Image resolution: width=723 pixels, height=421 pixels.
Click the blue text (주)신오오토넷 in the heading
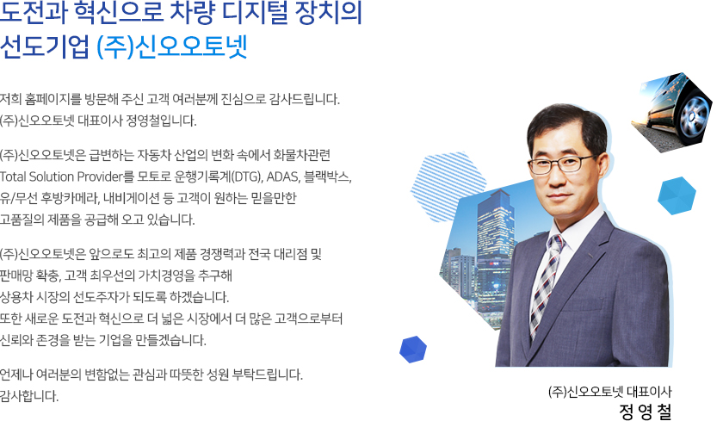[x=172, y=46]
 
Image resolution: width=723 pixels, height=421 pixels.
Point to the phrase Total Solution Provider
[x=61, y=176]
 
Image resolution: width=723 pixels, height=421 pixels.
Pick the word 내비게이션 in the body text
[x=132, y=198]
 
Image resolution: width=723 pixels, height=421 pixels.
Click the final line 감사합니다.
[x=29, y=396]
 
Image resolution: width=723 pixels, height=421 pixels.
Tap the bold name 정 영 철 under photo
[x=646, y=412]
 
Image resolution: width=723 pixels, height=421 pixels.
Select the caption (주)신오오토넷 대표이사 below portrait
[x=610, y=392]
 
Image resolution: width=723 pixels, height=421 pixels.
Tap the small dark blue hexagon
[x=413, y=349]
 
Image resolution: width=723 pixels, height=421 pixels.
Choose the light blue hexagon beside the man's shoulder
[x=677, y=195]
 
